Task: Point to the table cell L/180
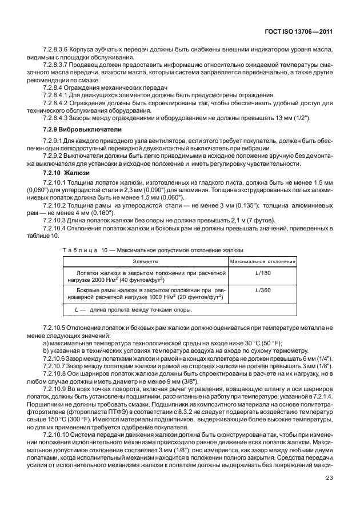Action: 262,273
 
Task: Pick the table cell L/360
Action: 262,290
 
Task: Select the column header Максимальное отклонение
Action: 262,261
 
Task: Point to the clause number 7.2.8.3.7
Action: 57,66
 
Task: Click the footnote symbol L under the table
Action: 77,310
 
